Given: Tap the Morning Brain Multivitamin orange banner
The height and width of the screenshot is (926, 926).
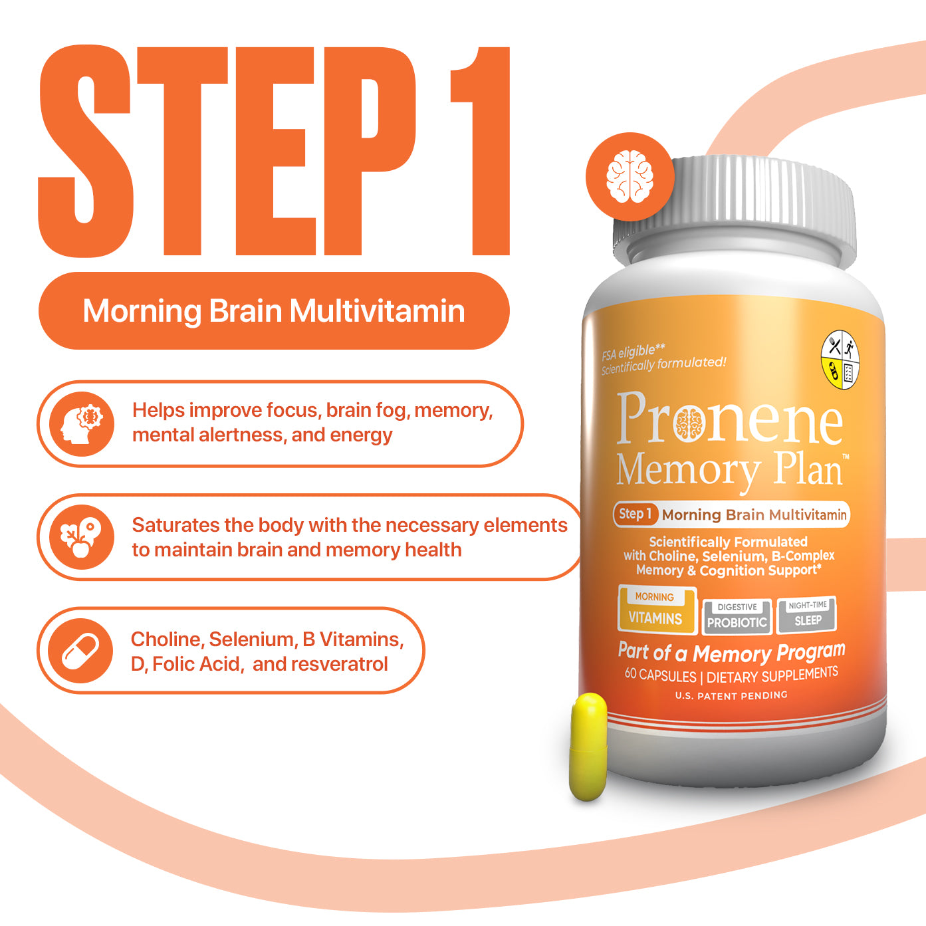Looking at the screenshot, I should [274, 311].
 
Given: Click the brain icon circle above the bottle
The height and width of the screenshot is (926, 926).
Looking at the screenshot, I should [630, 176].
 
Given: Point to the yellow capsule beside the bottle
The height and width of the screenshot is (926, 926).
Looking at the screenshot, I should [588, 747].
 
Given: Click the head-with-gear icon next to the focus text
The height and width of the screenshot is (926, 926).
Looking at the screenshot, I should [82, 423].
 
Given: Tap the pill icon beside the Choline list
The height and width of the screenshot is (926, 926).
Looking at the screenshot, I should [81, 650].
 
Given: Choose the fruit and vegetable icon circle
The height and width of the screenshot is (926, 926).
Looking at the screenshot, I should [81, 537].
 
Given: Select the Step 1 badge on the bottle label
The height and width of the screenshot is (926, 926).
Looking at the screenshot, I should [636, 514].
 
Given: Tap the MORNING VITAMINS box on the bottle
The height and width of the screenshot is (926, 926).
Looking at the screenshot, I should [656, 609].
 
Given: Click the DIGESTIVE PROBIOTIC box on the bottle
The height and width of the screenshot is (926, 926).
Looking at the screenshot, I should [737, 616].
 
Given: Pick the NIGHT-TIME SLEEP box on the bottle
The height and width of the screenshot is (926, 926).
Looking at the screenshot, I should [807, 614].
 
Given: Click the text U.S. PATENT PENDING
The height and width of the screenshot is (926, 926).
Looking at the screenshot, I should [731, 695].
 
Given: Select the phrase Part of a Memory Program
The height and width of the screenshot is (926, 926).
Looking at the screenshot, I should [731, 652].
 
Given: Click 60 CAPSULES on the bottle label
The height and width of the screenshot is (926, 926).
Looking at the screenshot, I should [660, 675].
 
